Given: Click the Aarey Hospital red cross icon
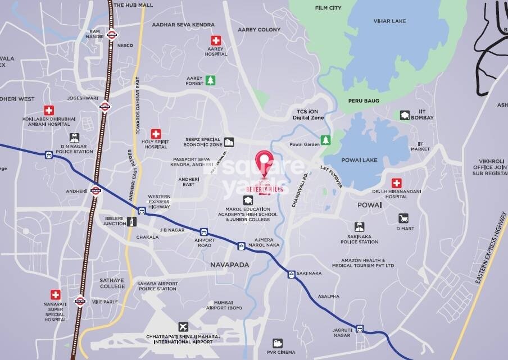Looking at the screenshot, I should coord(216,40).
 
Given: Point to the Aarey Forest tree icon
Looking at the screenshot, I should coord(210,80).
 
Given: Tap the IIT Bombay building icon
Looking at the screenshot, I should coord(404,115).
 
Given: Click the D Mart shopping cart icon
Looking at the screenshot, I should coord(403,218).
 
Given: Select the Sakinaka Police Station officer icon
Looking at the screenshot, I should coord(359,227).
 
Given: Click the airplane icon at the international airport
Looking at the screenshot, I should coord(183,326).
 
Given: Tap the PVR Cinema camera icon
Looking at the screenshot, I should coord(278,343).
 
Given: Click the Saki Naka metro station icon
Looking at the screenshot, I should coord(292,275).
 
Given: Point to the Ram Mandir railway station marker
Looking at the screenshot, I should coord(111,34).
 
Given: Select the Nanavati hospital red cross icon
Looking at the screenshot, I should coord(55,294).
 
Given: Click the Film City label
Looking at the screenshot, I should coord(328,8).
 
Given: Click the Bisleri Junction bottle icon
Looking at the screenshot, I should coord(131,221).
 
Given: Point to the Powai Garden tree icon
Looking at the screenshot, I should coord(325,139).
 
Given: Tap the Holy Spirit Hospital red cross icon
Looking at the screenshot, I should coord(156,134).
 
